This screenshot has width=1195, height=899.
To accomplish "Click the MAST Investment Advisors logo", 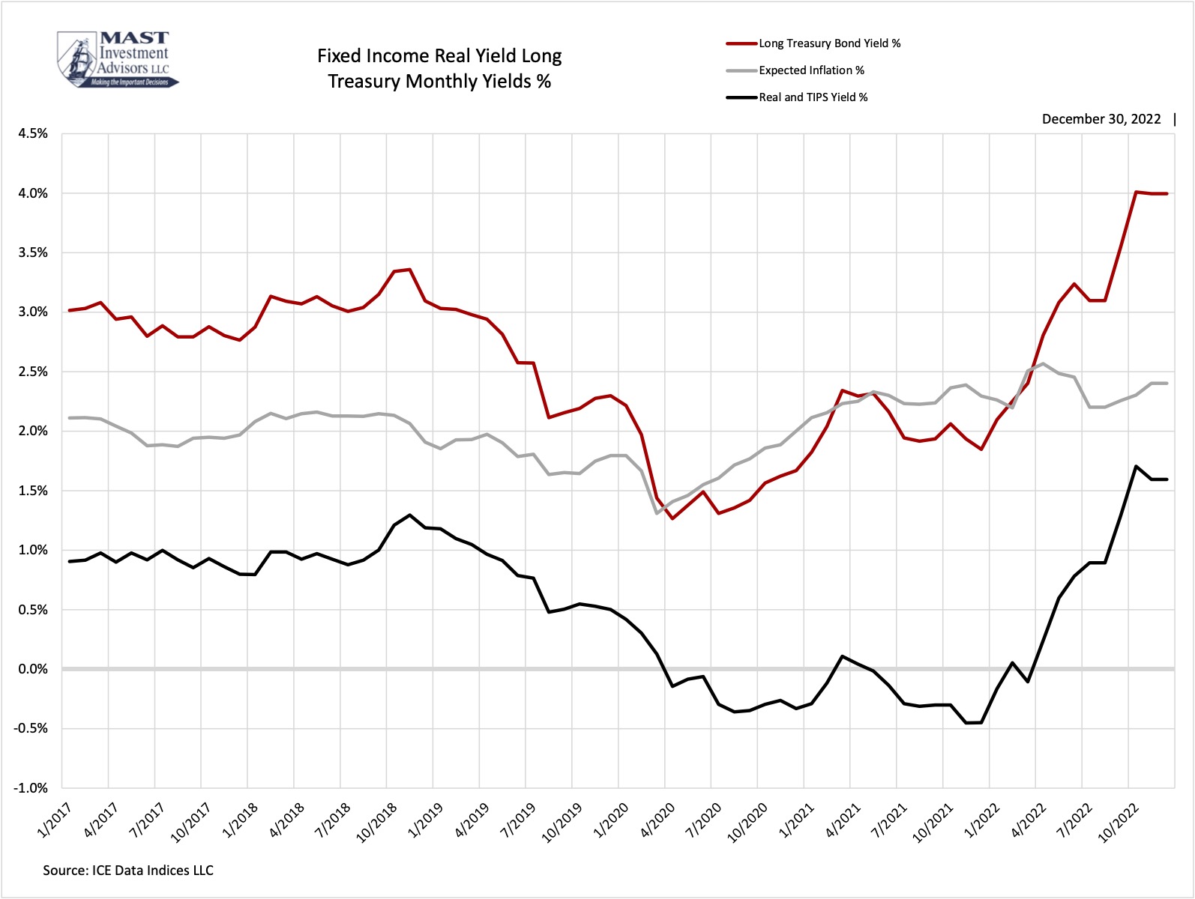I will pos(118,59).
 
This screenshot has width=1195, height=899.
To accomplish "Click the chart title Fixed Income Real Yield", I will pos(439,68).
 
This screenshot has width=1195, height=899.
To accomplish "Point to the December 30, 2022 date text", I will pos(1101,119).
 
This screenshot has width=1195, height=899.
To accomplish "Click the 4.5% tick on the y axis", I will pos(33,133).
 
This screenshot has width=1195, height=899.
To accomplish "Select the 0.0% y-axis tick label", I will pos(33,669).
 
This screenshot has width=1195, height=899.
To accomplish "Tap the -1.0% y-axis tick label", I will pos(31,788).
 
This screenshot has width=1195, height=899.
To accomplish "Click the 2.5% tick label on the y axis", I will pos(33,372).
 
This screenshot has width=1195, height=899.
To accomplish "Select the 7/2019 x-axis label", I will pos(517,820).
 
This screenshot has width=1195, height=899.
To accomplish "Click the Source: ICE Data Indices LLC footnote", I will pos(128,871).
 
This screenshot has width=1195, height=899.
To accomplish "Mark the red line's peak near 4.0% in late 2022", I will pos(1137,192).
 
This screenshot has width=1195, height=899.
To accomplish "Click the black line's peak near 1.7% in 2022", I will pos(1137,466).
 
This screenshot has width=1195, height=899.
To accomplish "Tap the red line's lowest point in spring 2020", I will pos(672,518).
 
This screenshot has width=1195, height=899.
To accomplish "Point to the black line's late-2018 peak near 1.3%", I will pos(409,515).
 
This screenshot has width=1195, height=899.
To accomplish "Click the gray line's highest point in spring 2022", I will pos(1044,363).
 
